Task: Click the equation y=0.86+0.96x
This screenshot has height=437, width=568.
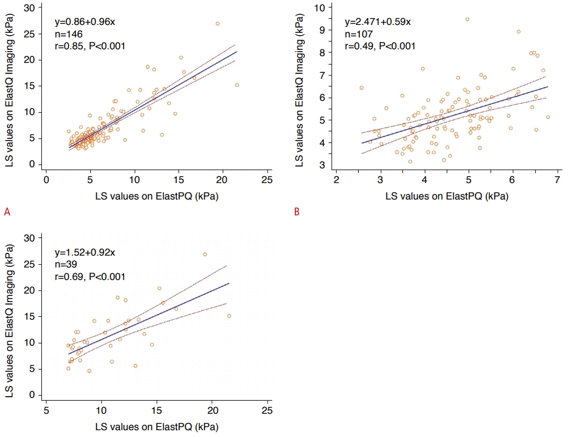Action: click(86, 23)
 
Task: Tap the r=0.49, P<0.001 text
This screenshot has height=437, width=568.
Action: click(380, 46)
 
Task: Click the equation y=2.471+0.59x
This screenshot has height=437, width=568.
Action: click(378, 23)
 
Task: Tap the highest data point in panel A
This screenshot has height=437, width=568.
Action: click(217, 24)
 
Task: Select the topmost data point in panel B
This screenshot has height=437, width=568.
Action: click(467, 19)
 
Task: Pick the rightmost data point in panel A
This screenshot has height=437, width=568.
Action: click(237, 85)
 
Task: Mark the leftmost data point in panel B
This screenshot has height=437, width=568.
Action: click(361, 88)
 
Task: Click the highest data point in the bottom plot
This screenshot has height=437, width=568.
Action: click(205, 254)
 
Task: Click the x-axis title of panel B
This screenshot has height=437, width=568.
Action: click(446, 197)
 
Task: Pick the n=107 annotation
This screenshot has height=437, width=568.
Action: click(358, 35)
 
